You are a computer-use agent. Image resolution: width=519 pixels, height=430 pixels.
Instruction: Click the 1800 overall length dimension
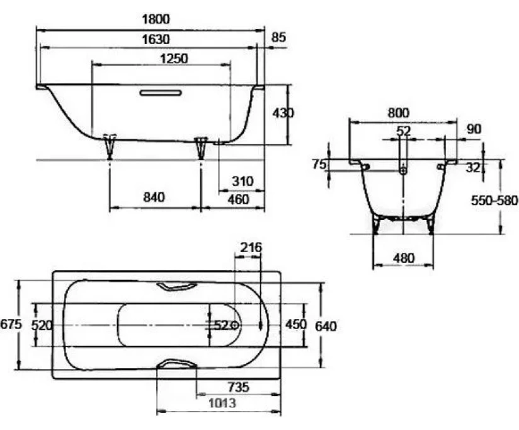click(156, 19)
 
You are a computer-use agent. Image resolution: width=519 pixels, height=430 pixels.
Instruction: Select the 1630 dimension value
click(156, 40)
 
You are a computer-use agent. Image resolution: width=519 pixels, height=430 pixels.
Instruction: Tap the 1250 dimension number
click(174, 59)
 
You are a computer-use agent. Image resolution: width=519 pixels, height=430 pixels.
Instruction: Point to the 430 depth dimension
click(283, 113)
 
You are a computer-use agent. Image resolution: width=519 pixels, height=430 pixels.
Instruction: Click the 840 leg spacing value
click(154, 197)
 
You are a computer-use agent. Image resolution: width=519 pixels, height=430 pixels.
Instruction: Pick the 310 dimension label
click(242, 181)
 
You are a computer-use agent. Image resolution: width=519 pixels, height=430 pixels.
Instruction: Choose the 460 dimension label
click(238, 199)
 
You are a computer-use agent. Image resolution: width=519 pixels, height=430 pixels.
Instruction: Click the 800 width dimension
click(399, 113)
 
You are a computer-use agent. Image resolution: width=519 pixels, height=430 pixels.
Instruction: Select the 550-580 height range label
click(494, 200)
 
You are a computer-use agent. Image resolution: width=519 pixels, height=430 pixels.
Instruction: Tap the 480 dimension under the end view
click(404, 258)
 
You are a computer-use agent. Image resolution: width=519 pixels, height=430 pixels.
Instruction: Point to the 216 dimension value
click(251, 247)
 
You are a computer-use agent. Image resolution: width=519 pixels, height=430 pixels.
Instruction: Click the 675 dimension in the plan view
click(11, 324)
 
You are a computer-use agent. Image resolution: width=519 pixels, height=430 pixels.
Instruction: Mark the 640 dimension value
click(326, 327)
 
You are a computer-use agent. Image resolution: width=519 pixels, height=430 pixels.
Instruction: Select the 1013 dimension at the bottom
click(222, 403)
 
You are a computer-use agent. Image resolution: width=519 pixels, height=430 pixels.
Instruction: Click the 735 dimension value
click(238, 387)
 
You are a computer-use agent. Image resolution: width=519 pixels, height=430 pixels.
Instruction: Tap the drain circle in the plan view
click(236, 325)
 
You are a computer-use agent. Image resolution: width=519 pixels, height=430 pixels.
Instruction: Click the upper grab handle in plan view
click(176, 286)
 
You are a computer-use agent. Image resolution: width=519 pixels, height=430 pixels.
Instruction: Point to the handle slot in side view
click(161, 93)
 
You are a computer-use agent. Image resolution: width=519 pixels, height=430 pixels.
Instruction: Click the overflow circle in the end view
click(403, 170)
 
